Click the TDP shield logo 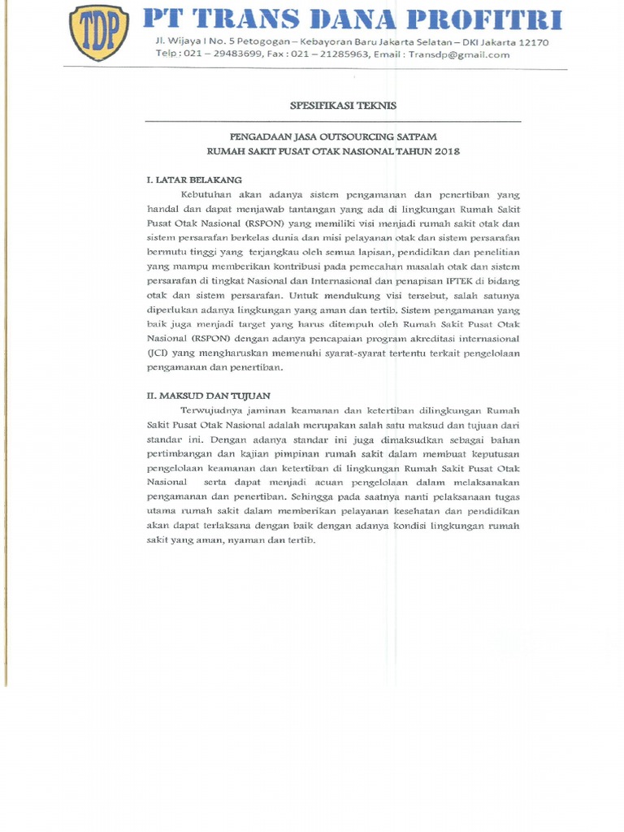pos(99,32)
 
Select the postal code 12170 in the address pos(532,42)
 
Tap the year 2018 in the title pos(446,151)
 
